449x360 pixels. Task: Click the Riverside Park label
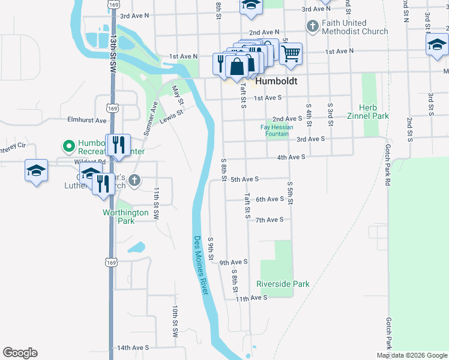click(x=283, y=284)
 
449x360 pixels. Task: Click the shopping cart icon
click(x=291, y=54)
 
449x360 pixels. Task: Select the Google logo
click(x=20, y=353)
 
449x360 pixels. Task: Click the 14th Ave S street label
click(x=132, y=347)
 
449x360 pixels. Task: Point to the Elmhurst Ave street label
click(x=87, y=120)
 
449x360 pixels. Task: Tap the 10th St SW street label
click(x=175, y=318)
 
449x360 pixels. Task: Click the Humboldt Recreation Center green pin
click(x=68, y=146)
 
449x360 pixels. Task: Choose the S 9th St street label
click(x=211, y=249)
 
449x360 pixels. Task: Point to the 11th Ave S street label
click(x=250, y=298)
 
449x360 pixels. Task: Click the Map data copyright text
click(x=412, y=355)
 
